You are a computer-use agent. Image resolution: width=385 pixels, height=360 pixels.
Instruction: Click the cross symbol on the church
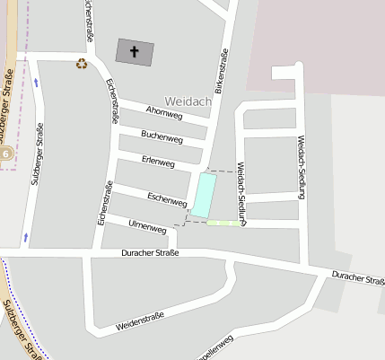click(135, 52)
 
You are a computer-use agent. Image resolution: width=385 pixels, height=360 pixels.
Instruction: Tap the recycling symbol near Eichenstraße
click(82, 64)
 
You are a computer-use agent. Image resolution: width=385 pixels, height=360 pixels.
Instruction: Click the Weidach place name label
click(188, 101)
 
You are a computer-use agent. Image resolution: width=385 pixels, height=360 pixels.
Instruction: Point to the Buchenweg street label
click(162, 138)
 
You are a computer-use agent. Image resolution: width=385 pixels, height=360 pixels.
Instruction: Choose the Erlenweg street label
click(158, 162)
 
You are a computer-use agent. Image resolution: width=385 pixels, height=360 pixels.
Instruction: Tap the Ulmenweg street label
click(148, 228)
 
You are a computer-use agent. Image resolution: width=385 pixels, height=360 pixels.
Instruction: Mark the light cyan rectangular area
click(204, 195)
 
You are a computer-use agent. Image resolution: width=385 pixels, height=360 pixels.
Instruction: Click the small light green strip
click(223, 223)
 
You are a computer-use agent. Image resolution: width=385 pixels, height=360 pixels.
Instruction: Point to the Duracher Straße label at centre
click(151, 254)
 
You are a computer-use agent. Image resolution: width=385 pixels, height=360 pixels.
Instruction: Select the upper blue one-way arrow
click(36, 82)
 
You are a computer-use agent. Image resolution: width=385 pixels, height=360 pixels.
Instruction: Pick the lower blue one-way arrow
click(26, 238)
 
